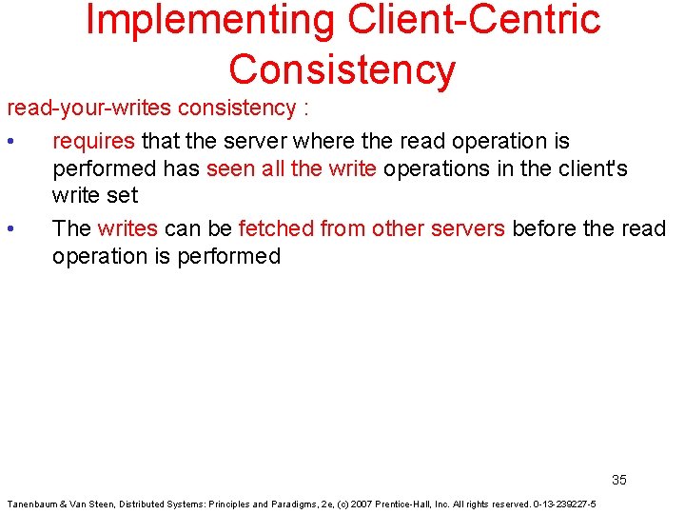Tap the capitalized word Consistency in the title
342,69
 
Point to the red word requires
93,142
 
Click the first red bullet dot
9,142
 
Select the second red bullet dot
9,229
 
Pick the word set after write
123,195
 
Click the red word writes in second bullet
127,228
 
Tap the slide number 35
618,480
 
